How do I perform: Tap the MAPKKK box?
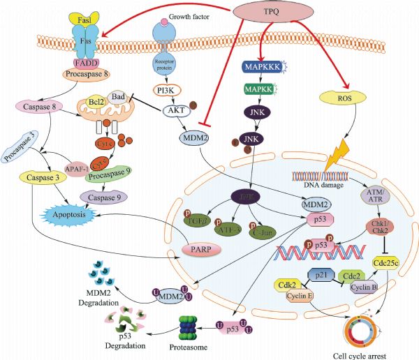pyautogui.click(x=263, y=67)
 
